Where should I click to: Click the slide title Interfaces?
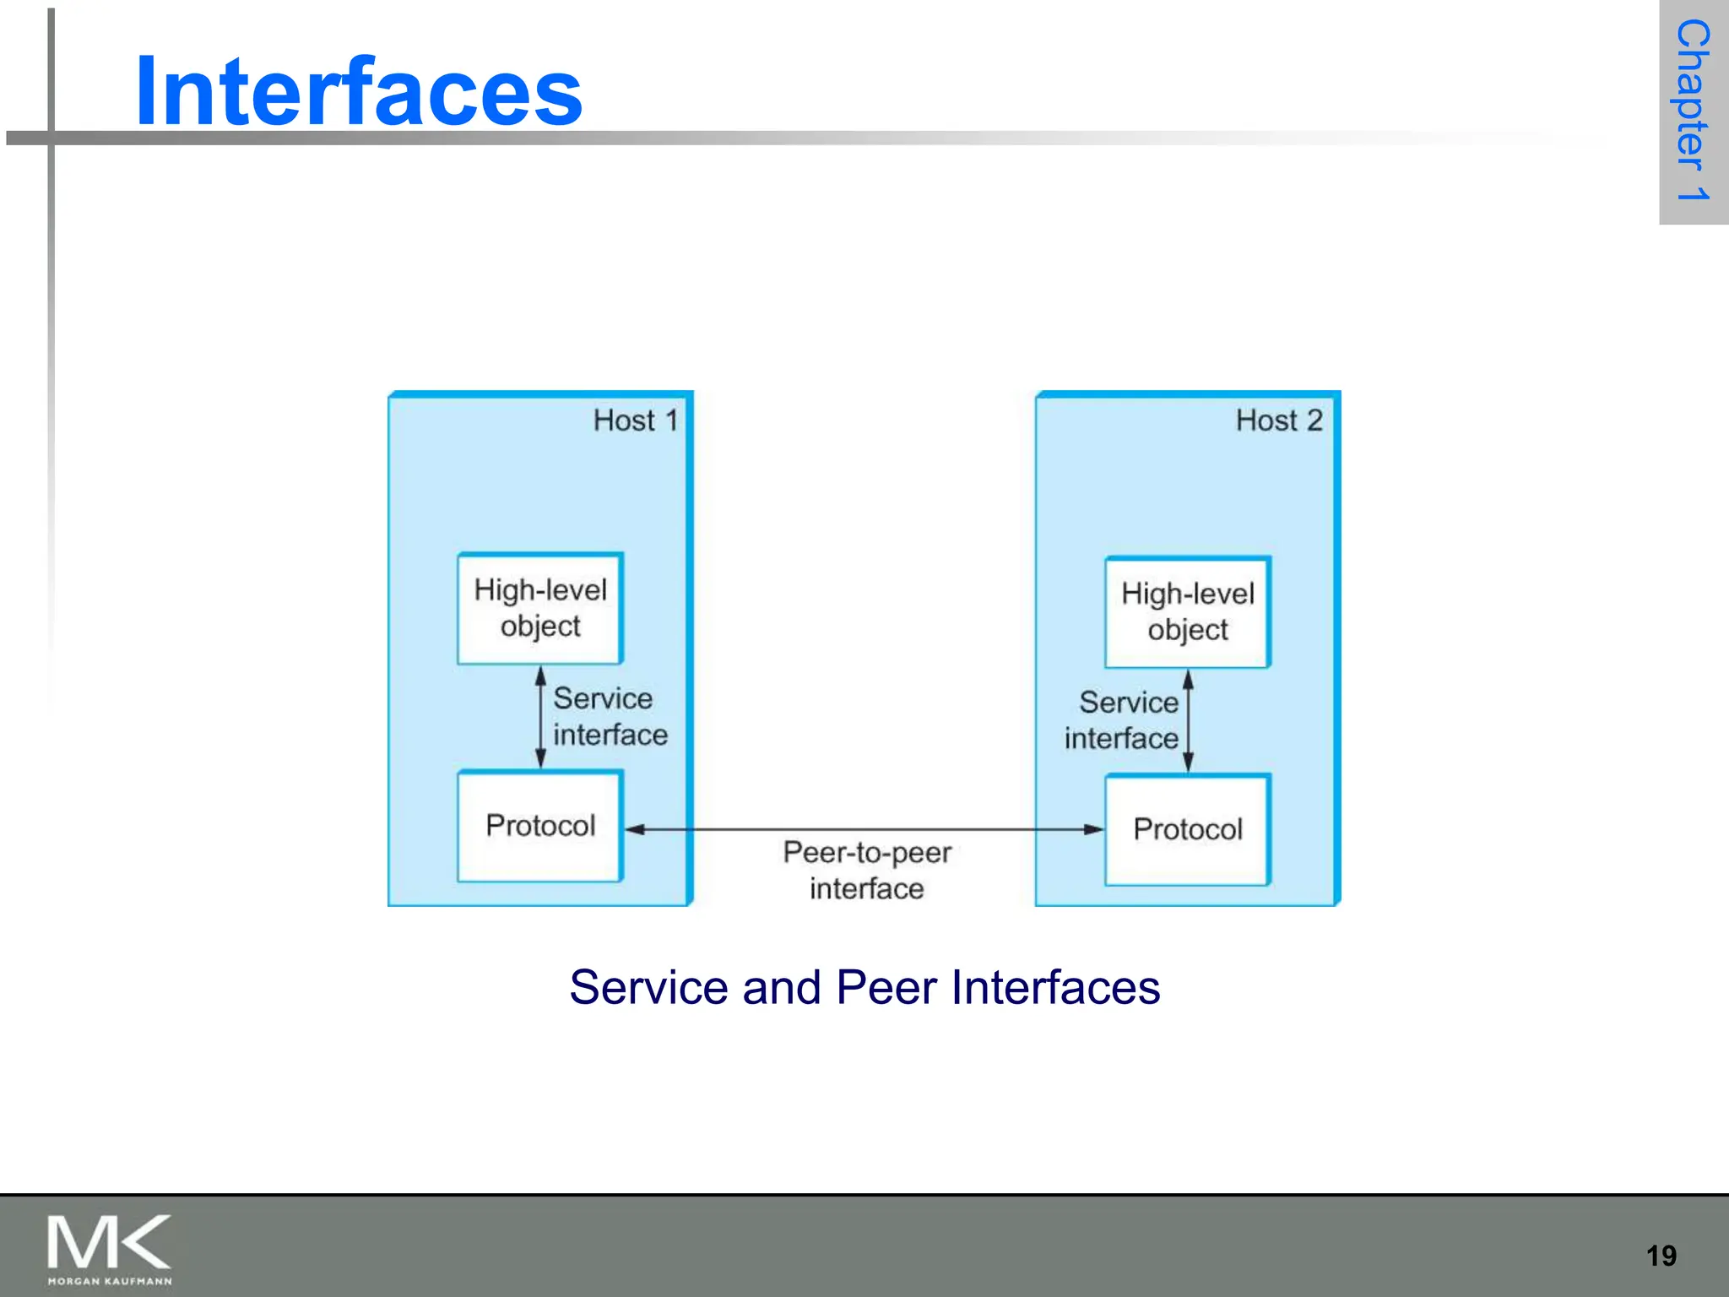coord(358,91)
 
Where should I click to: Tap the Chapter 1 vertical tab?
coord(1693,111)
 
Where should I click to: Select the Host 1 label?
coord(635,421)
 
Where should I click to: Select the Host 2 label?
coord(1278,421)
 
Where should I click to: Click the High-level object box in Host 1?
coord(540,608)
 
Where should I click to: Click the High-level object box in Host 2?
coord(1187,612)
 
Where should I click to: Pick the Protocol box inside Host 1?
coord(540,826)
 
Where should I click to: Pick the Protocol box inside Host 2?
coord(1187,829)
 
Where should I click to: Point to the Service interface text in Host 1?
coord(610,716)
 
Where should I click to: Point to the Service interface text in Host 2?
coord(1123,720)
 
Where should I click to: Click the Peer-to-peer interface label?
coord(866,870)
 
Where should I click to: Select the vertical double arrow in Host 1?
coord(541,717)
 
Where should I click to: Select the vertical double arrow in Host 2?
coord(1188,720)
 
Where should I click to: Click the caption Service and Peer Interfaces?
coord(864,987)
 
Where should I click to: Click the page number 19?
coord(1661,1256)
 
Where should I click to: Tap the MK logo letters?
coord(109,1242)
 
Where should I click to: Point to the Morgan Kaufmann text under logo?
coord(110,1281)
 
